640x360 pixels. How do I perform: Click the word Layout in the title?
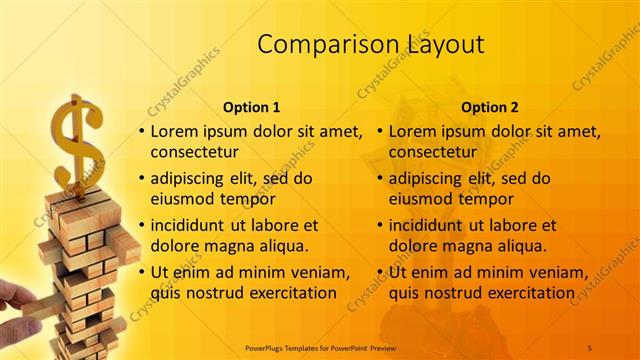coord(445,45)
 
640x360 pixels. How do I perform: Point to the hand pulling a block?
coord(15,298)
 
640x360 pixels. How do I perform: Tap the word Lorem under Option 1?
coord(176,132)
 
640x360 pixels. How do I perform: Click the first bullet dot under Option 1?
coord(141,132)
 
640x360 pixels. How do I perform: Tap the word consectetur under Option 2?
coord(432,152)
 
